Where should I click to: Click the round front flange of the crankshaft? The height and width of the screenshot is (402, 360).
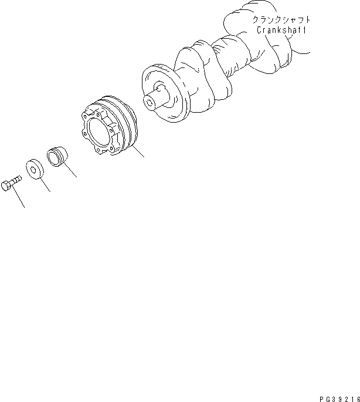click(165, 97)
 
